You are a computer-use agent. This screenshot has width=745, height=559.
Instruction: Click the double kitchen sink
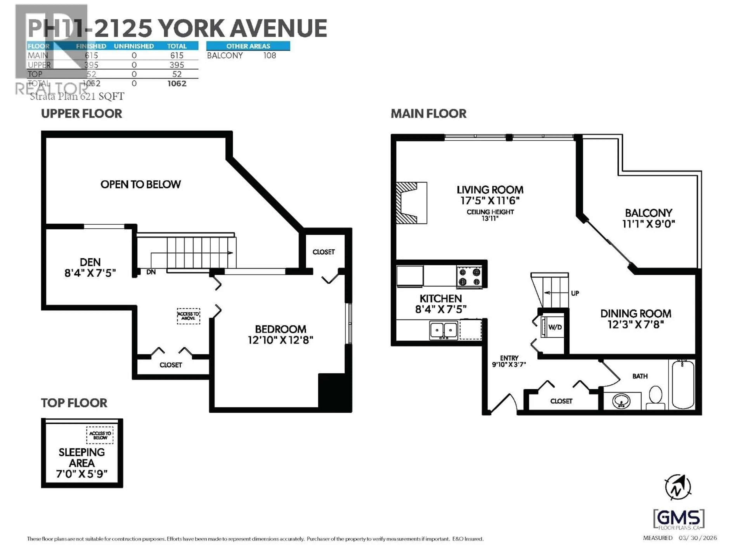[443, 330]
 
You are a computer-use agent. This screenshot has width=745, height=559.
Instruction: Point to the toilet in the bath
[655, 397]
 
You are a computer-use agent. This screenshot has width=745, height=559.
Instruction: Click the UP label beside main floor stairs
[575, 293]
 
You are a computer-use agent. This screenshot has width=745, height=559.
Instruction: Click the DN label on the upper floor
[151, 272]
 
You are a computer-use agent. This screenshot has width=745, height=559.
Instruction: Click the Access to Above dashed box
[188, 316]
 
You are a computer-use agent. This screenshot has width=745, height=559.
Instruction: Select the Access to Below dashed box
[100, 435]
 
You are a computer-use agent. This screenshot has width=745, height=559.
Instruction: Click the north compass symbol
[678, 487]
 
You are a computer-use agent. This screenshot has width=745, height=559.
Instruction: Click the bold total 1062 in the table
[177, 84]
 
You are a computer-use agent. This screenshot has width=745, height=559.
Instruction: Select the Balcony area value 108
[269, 56]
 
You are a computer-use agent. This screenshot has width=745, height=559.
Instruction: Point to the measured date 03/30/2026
[697, 538]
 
